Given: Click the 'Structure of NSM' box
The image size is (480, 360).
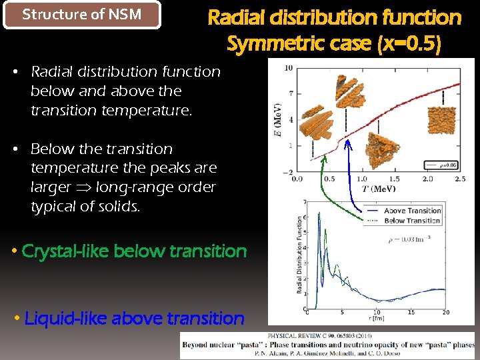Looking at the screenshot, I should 82,15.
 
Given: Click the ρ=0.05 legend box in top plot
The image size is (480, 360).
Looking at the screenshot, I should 441,165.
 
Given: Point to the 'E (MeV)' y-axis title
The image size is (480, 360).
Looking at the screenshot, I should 278,120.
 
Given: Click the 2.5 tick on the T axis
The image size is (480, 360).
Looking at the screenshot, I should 458,179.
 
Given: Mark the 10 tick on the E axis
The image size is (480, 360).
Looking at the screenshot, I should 288,68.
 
